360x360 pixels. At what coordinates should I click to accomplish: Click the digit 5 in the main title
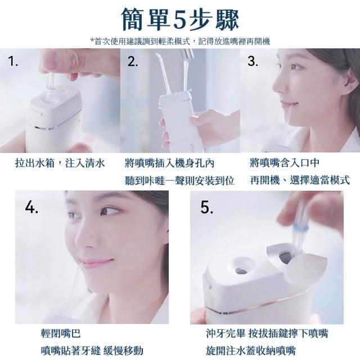click(x=181, y=20)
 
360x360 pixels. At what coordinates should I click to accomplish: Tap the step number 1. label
click(x=13, y=61)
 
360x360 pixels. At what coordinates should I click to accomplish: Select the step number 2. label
click(x=133, y=61)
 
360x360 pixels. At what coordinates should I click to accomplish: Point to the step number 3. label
click(x=253, y=61)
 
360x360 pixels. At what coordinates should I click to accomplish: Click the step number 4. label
click(x=31, y=208)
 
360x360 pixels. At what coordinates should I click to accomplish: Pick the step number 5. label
click(x=206, y=208)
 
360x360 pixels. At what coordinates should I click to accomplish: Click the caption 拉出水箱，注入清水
click(x=60, y=163)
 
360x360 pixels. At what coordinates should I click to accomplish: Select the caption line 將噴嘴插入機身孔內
click(x=169, y=163)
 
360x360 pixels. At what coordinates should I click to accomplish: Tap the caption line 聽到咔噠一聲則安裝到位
click(x=179, y=181)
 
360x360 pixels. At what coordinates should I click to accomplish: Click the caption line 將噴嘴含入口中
click(x=285, y=163)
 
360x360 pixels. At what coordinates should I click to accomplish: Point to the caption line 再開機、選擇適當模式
click(x=300, y=180)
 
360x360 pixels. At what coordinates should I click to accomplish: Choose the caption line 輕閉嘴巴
click(x=61, y=334)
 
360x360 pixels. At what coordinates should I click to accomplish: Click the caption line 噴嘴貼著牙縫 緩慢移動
click(x=92, y=350)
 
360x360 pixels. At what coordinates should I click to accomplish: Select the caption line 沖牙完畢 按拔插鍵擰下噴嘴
click(x=267, y=334)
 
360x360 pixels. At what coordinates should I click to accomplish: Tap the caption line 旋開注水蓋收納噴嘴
click(x=250, y=350)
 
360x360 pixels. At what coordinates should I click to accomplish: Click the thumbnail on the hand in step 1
click(x=51, y=59)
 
